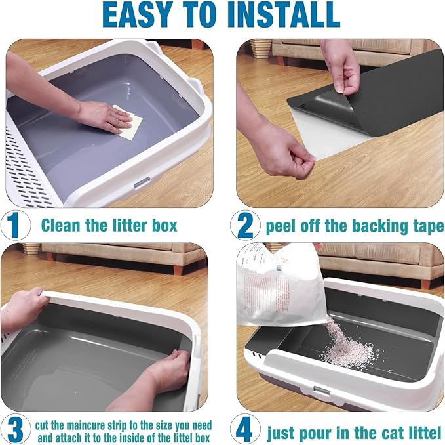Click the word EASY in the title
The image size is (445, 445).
(137, 14)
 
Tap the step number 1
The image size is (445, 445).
(14, 226)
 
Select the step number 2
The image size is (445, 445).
(245, 226)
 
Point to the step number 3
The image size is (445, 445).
(15, 430)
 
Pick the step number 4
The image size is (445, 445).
(244, 430)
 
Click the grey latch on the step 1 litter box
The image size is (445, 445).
(142, 182)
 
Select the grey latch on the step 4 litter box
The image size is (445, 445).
(322, 392)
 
